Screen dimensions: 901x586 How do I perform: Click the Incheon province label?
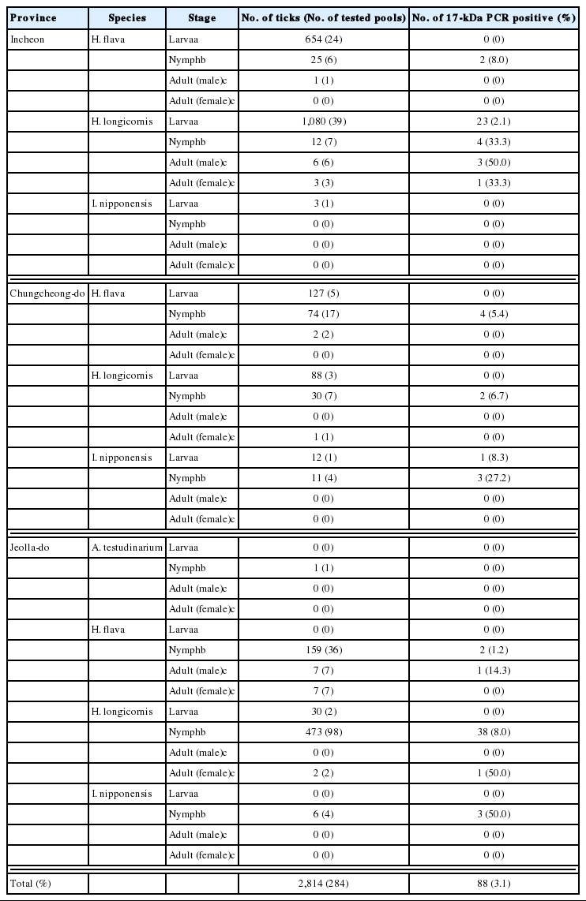(x=25, y=39)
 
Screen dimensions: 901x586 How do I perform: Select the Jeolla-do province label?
(x=29, y=548)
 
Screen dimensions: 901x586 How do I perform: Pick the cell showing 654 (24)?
(x=324, y=39)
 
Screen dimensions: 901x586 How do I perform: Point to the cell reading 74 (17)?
(x=324, y=314)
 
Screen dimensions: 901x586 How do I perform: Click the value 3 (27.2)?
(x=498, y=478)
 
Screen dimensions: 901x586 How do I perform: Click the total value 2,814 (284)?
(x=324, y=882)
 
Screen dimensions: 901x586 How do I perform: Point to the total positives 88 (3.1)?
(x=498, y=882)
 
